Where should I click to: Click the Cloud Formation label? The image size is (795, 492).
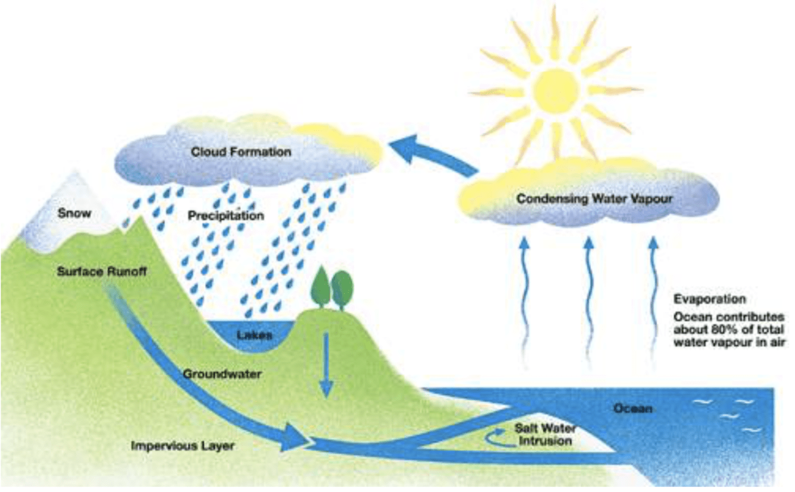241,151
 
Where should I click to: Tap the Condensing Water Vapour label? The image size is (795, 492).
594,199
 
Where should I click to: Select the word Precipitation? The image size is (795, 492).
225,215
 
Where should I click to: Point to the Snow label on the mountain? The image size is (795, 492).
74,213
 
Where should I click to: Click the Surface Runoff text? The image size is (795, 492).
102,272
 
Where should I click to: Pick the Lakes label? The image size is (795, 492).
254,335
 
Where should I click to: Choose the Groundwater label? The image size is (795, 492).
222,374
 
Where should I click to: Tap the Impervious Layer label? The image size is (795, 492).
182,446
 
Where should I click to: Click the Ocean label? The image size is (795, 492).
632,409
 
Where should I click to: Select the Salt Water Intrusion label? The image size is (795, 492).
544,435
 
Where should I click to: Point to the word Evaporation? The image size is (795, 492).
709,299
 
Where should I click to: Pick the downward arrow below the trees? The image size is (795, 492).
326,367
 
